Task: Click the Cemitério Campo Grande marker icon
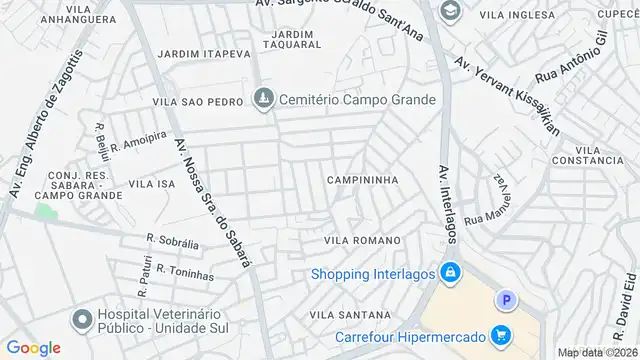point(263,99)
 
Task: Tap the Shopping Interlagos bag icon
point(451,271)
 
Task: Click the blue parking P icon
point(507,299)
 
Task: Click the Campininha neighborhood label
point(362,180)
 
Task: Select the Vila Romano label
point(362,241)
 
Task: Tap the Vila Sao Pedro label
point(196,102)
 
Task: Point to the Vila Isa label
point(153,184)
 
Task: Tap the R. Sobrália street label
point(172,242)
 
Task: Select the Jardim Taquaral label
point(291,40)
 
